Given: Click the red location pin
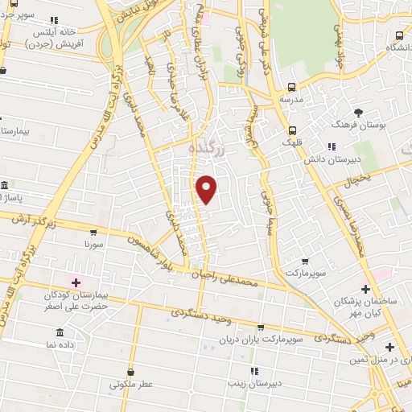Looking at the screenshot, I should point(207,189).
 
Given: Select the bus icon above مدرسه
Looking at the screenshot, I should point(291,88).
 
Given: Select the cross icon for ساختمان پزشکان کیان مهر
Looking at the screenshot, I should point(365,288).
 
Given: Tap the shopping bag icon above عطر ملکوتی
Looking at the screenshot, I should point(131,371).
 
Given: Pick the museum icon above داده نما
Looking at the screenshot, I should point(61,332).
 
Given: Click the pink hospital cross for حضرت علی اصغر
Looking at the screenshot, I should point(77,282).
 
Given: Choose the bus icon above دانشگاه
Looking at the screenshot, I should point(399,35).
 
